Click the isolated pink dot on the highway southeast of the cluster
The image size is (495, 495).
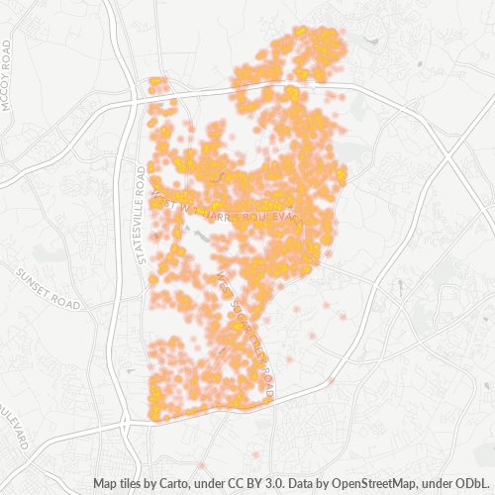(x=331, y=380)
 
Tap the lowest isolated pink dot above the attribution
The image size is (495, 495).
(x=255, y=453)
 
